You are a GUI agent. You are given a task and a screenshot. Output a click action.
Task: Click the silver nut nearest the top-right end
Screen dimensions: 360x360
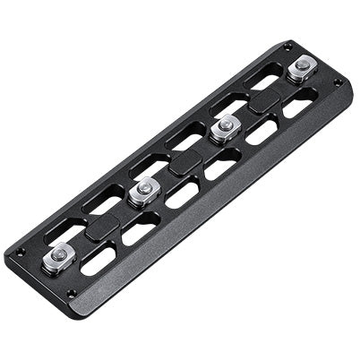[x=302, y=68]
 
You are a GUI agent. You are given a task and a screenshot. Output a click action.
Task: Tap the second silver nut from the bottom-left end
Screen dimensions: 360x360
[x=143, y=190]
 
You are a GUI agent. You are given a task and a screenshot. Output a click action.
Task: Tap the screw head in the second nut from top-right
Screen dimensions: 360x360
[x=225, y=124]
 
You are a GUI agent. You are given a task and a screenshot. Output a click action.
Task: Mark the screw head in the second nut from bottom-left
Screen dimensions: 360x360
[x=143, y=188]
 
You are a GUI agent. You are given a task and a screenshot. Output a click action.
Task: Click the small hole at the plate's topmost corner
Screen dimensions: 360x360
[x=287, y=47]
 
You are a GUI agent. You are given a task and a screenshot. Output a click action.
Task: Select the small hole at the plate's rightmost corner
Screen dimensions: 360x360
[x=338, y=82]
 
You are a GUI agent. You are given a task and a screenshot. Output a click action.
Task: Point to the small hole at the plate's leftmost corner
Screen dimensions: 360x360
[x=20, y=253]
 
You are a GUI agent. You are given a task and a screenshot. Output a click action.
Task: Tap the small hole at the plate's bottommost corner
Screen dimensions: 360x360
[x=72, y=292]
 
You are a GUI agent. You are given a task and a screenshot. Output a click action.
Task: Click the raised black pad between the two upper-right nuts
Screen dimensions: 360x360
[x=265, y=99]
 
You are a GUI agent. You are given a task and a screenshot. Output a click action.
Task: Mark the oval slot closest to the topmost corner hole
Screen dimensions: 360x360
[x=263, y=79]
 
